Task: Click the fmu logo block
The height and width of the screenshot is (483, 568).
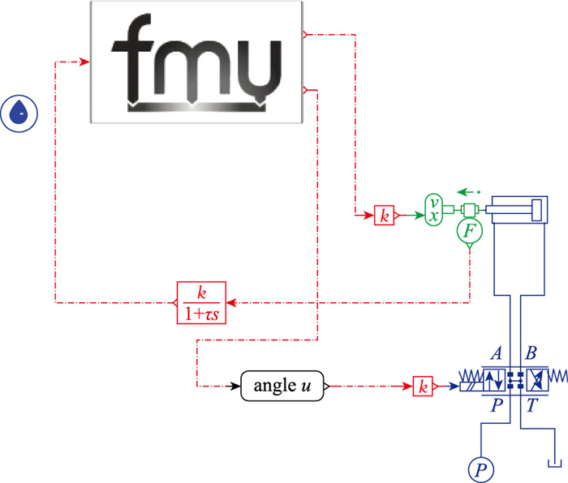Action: coord(194,62)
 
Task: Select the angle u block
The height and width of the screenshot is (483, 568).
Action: coord(283,387)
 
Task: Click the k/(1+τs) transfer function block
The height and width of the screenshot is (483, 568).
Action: coord(201,301)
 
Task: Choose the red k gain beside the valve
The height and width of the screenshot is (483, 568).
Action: coord(422,387)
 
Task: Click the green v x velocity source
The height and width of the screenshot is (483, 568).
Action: coord(435,209)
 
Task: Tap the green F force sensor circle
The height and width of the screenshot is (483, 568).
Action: coord(470,233)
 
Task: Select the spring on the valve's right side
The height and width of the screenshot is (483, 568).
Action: coord(557,378)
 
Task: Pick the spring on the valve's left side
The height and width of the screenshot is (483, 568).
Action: coord(471,378)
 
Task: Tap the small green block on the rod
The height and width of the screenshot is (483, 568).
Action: coord(468,210)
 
